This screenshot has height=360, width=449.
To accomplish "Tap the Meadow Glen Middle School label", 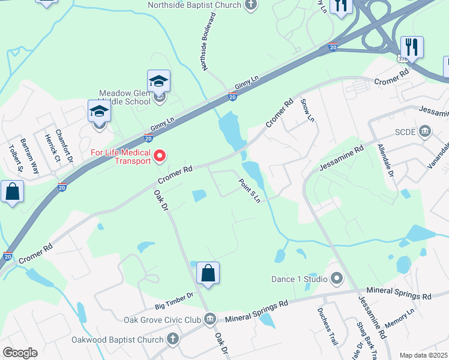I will point(125,97).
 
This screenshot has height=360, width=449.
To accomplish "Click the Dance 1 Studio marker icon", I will point(337,278).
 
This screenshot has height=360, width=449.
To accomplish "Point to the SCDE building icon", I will point(426,131).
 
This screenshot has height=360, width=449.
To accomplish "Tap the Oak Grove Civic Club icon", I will point(209,319).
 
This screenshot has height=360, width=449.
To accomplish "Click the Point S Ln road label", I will point(250,190).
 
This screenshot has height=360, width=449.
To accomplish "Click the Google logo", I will point(20,353).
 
